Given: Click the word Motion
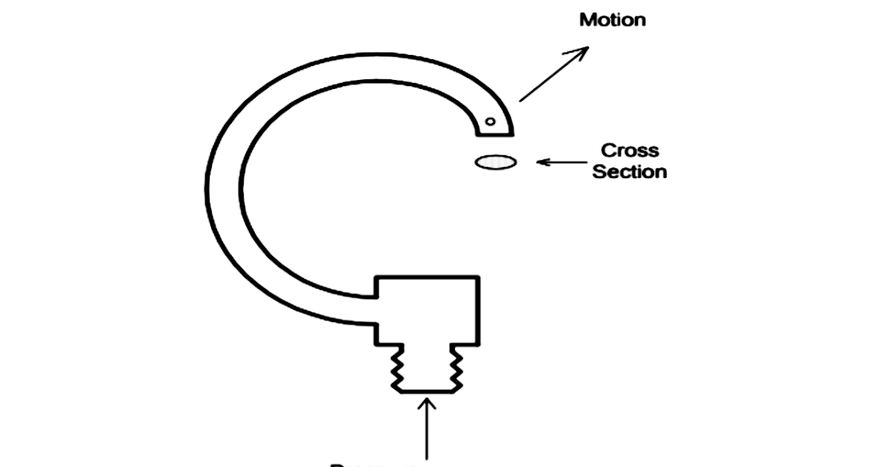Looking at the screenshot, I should point(612,19).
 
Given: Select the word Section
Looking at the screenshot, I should point(630,172).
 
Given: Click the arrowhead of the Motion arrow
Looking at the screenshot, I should point(582,51).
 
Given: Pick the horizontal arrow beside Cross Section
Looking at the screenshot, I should point(564,161).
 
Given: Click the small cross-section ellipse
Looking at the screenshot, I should point(496,162).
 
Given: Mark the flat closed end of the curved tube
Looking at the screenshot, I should point(494,135).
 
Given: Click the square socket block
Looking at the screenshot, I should point(427,310).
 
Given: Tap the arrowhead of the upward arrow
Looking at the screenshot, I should point(427,405).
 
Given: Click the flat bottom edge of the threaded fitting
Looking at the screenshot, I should point(427,391).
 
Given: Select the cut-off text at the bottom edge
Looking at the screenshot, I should point(370,464).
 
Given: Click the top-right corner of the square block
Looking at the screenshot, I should point(479,277).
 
